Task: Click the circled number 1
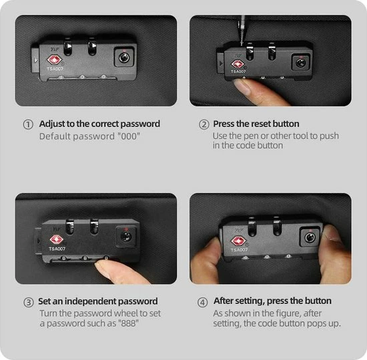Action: pos(28,125)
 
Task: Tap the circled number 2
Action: pos(204,125)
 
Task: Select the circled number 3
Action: pos(28,302)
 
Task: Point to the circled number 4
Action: pos(202,302)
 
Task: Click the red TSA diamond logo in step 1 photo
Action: pos(54,60)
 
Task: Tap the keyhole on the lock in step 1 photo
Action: pos(124,57)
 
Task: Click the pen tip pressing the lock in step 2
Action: pos(242,43)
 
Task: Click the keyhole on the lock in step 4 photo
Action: pos(310,238)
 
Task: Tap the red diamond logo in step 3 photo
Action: pos(56,239)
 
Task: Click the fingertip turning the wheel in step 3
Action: pos(103,267)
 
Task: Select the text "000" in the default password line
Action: pos(129,136)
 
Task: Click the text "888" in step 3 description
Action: pos(129,323)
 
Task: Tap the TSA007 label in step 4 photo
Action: pos(239,250)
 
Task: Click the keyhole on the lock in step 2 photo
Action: pos(300,63)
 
